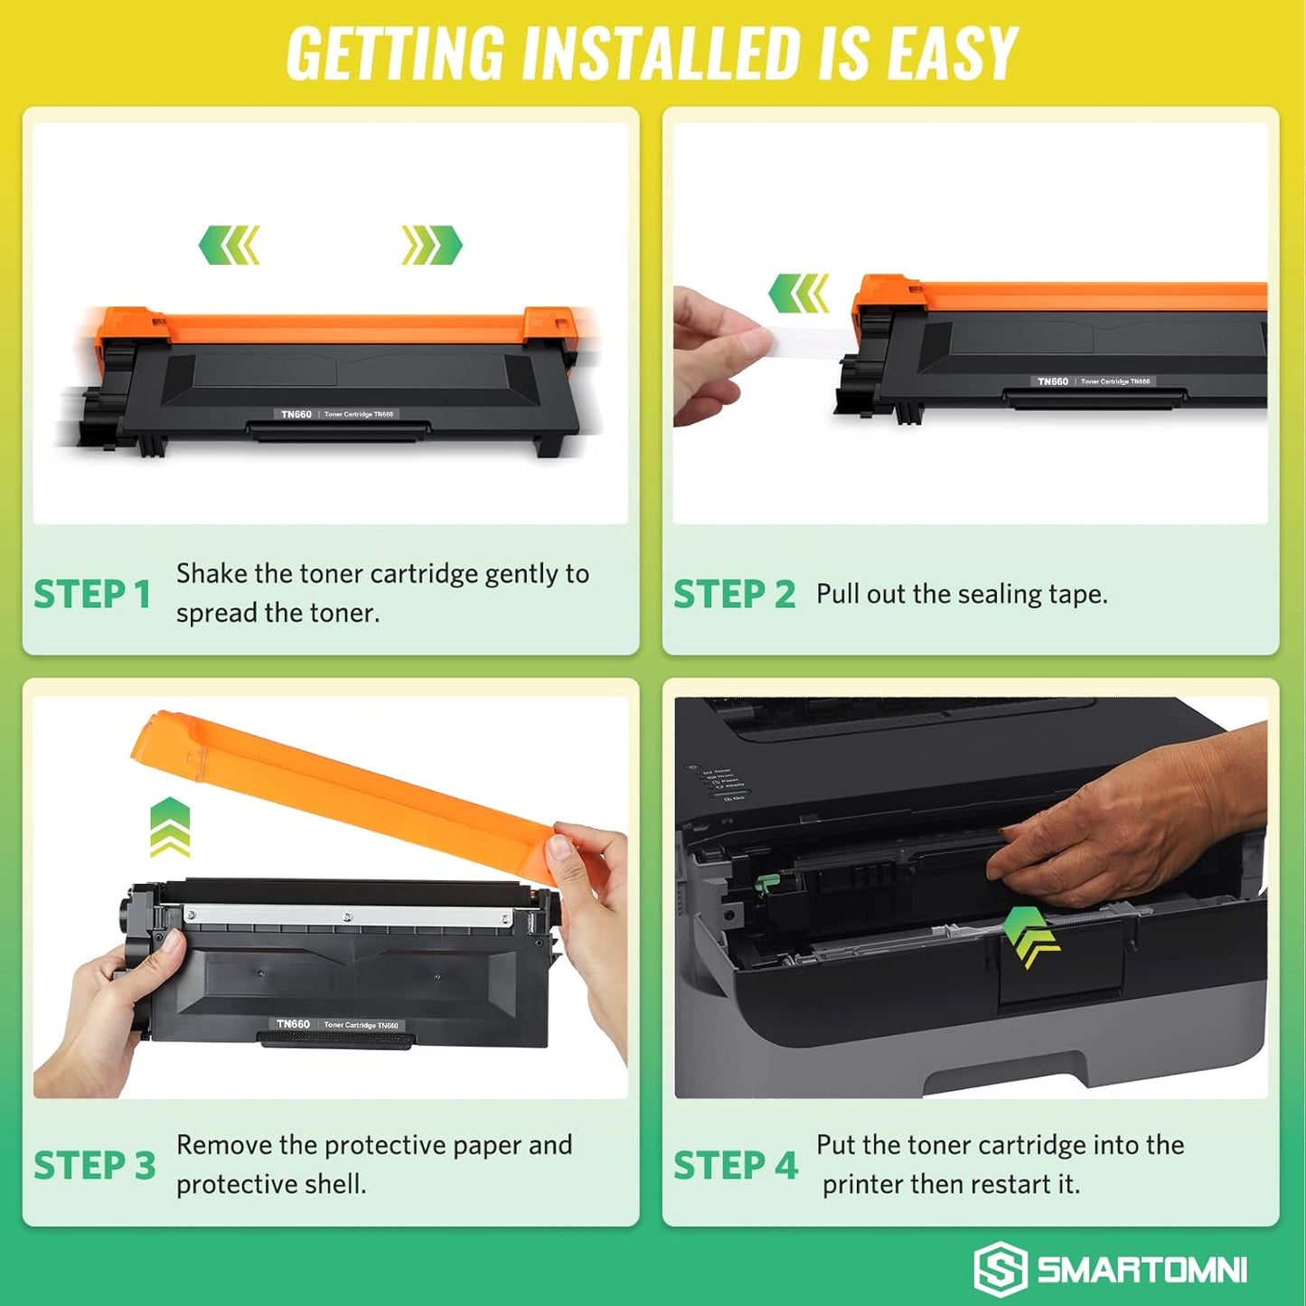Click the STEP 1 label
pyautogui.click(x=92, y=595)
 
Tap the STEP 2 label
pyautogui.click(x=734, y=595)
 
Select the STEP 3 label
pyautogui.click(x=94, y=1166)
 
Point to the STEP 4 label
pyautogui.click(x=735, y=1166)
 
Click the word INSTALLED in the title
pyautogui.click(x=663, y=54)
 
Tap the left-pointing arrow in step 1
pyautogui.click(x=229, y=245)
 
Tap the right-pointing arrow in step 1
pyautogui.click(x=432, y=245)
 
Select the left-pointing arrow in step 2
pyautogui.click(x=798, y=294)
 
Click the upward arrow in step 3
pyautogui.click(x=170, y=827)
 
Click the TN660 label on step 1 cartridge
pyautogui.click(x=296, y=414)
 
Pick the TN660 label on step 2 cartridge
pyautogui.click(x=1053, y=381)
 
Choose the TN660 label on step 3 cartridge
pyautogui.click(x=293, y=1024)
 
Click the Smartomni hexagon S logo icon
pyautogui.click(x=1000, y=1269)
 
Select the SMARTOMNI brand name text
pyautogui.click(x=1142, y=1270)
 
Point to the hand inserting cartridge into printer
pyautogui.click(x=1130, y=832)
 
